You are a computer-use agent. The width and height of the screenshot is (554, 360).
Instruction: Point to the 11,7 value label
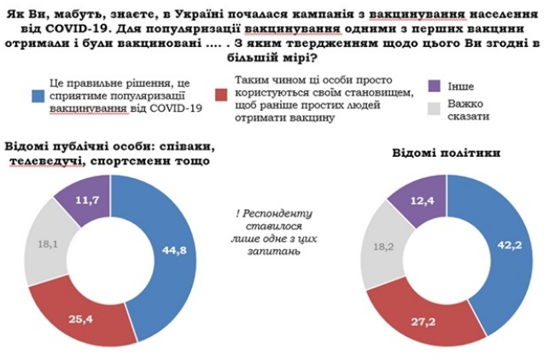pos(85,198)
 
